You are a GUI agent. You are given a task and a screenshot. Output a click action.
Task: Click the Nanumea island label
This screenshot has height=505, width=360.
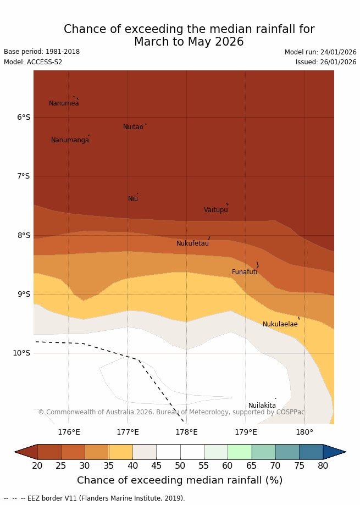[x=64, y=103]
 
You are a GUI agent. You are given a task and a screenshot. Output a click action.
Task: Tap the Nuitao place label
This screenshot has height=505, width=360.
[x=133, y=127]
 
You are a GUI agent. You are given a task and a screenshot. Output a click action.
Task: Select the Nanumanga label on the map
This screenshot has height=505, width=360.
[x=70, y=140]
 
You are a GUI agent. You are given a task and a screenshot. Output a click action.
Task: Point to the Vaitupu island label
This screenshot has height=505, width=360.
[x=215, y=210]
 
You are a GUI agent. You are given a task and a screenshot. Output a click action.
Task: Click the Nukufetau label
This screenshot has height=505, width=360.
[x=192, y=243]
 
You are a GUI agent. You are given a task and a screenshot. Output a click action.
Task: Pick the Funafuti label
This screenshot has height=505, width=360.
[x=245, y=272]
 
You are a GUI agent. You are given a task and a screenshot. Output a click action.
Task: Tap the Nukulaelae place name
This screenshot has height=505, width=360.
[x=280, y=324]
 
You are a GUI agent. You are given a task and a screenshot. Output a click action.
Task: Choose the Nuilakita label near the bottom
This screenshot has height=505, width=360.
[x=262, y=406]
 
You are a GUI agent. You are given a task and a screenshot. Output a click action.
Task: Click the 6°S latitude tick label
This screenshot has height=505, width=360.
[x=24, y=117]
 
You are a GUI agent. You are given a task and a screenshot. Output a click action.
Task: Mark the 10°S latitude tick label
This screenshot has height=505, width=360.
[x=21, y=353]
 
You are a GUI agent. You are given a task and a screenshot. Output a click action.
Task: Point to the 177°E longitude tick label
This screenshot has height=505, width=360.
[x=128, y=432]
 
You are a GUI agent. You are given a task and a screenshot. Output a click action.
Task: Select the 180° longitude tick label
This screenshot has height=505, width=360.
[x=304, y=432]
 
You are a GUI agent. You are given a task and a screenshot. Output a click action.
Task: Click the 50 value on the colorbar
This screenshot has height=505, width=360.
[x=180, y=466]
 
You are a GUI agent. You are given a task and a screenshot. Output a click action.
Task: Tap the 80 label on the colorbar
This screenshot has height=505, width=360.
[x=323, y=466]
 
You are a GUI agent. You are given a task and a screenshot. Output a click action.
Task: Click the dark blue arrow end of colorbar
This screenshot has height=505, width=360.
[x=334, y=452]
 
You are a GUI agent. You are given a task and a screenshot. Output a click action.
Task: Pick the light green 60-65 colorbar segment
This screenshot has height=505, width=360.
[x=240, y=452]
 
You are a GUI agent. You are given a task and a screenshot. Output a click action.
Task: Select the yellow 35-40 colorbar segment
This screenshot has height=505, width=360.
[x=120, y=452]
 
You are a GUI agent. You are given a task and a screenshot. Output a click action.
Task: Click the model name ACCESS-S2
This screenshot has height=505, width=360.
[x=33, y=62]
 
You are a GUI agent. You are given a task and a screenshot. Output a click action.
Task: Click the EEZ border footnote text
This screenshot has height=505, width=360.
[x=95, y=498]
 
